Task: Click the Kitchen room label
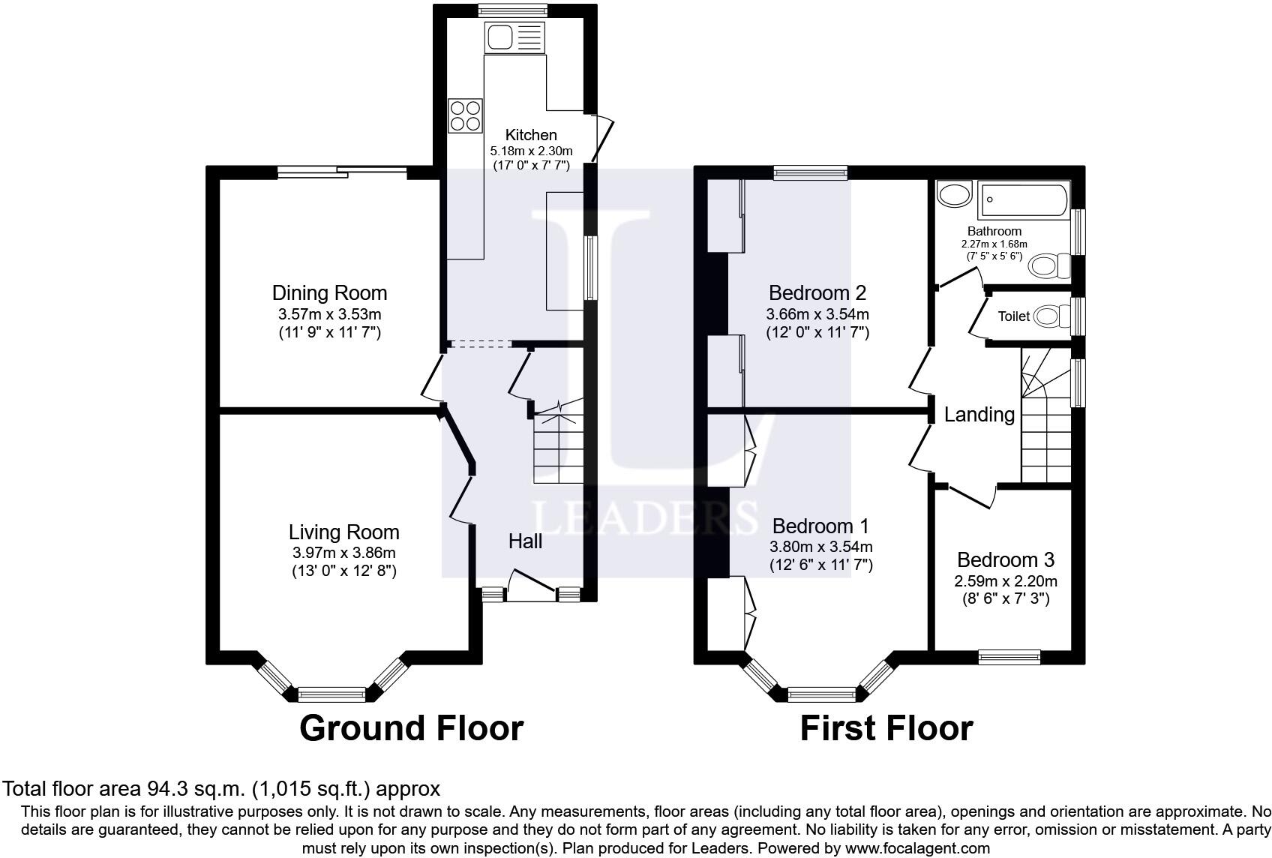pos(531,135)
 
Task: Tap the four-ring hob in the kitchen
pos(465,115)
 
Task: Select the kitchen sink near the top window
pos(514,38)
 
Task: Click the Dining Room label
pos(329,293)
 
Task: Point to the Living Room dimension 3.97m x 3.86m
pos(344,553)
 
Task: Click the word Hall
pos(525,541)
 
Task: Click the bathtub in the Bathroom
pos(1023,200)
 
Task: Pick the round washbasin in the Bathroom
pos(955,194)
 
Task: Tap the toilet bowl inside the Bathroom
pos(1049,265)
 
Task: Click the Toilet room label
pos(1014,316)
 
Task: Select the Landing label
pos(979,415)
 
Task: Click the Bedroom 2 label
pos(817,293)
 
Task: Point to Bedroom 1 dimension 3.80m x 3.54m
pos(820,547)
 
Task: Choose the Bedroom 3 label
pos(1006,560)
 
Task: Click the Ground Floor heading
pos(411,728)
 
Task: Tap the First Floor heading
pos(886,728)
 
